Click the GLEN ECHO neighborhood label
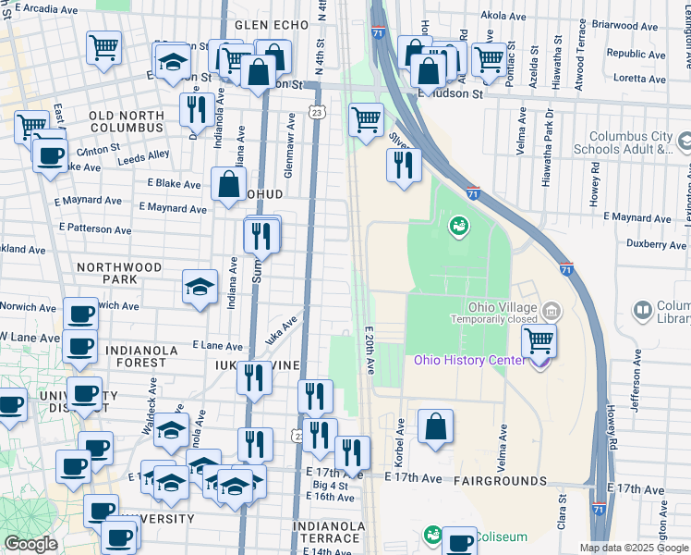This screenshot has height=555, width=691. coord(266,25)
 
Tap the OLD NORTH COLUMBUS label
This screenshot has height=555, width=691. coord(127,123)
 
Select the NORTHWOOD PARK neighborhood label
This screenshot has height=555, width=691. coord(119,273)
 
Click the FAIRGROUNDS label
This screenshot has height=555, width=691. coord(501,481)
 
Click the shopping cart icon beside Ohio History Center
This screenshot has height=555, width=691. coord(539,340)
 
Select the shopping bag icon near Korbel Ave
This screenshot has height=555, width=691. coord(435,427)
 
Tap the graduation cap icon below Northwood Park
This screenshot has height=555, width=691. coord(200,288)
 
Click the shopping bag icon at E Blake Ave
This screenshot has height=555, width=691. coord(228,184)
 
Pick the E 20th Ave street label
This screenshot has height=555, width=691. coord(368,350)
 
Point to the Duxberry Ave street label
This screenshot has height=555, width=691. coord(657,245)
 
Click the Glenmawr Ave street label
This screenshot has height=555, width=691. coord(289,145)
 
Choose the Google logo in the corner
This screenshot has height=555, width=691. coord(30,544)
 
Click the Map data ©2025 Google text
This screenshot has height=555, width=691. coord(633,548)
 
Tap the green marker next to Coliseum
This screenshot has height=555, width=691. coord(431,535)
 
